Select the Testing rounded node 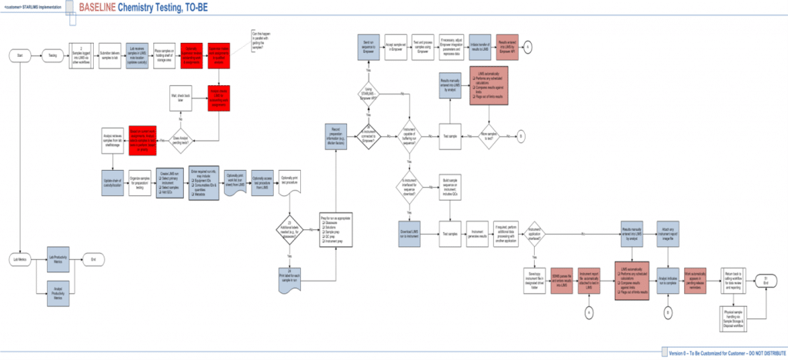pyautogui.click(x=52, y=55)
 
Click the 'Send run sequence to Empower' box pyautogui.click(x=368, y=48)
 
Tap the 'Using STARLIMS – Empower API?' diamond pyautogui.click(x=368, y=95)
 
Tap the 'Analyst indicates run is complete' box pyautogui.click(x=668, y=278)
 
